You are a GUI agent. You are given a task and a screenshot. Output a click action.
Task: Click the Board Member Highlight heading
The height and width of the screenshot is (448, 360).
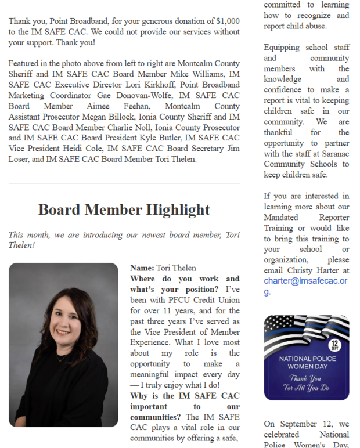(x=124, y=209)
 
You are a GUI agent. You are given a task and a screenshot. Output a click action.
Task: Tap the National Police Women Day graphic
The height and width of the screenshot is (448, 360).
(x=307, y=358)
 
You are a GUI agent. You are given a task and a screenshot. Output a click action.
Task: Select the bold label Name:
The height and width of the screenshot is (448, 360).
(x=142, y=268)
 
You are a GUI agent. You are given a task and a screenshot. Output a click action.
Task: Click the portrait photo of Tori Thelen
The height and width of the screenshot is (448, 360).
(x=63, y=345)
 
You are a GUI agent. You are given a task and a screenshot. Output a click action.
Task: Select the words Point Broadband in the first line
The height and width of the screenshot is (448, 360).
(x=73, y=21)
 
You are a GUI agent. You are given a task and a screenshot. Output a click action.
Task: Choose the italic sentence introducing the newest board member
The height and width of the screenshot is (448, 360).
(x=124, y=240)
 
